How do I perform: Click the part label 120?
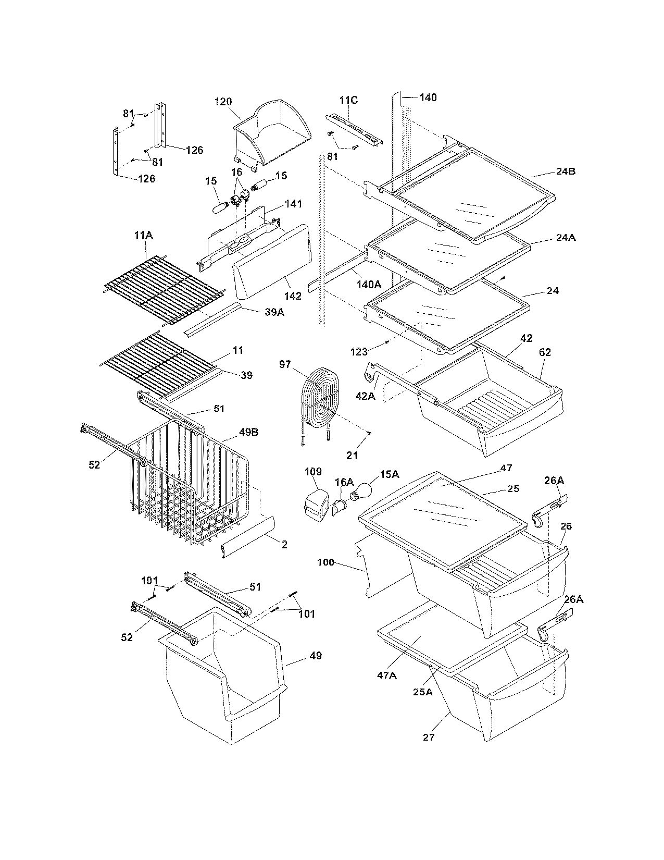click(223, 102)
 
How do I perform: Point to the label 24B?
click(565, 171)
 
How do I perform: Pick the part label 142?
click(293, 296)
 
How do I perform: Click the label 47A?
click(386, 675)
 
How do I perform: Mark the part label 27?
click(429, 737)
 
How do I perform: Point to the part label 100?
click(325, 562)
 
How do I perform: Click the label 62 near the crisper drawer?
click(545, 352)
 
